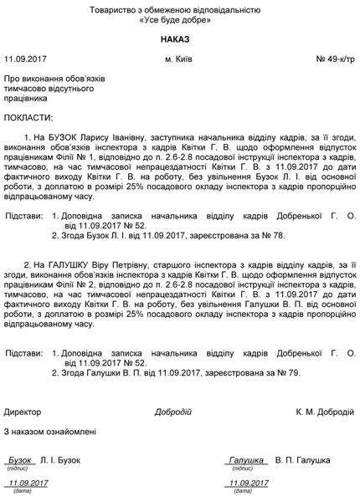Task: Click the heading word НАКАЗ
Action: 181,39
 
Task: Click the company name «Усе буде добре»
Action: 181,20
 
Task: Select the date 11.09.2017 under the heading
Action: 27,60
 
